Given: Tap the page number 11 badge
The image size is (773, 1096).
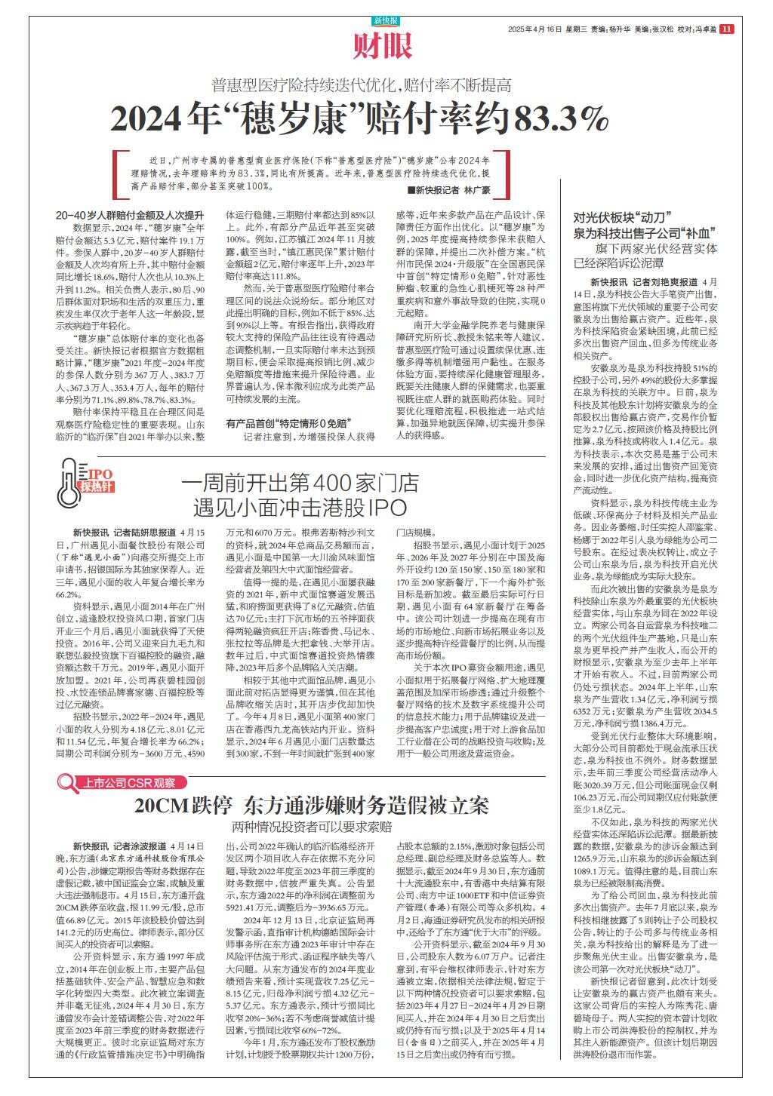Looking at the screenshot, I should pyautogui.click(x=726, y=29).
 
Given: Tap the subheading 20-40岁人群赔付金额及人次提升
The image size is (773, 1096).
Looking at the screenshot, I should pyautogui.click(x=129, y=215).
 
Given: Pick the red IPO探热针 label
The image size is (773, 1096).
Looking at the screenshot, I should pyautogui.click(x=97, y=480).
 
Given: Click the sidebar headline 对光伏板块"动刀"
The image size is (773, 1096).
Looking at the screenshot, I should pyautogui.click(x=623, y=216).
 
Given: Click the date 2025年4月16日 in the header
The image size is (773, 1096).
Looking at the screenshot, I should pyautogui.click(x=536, y=29).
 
